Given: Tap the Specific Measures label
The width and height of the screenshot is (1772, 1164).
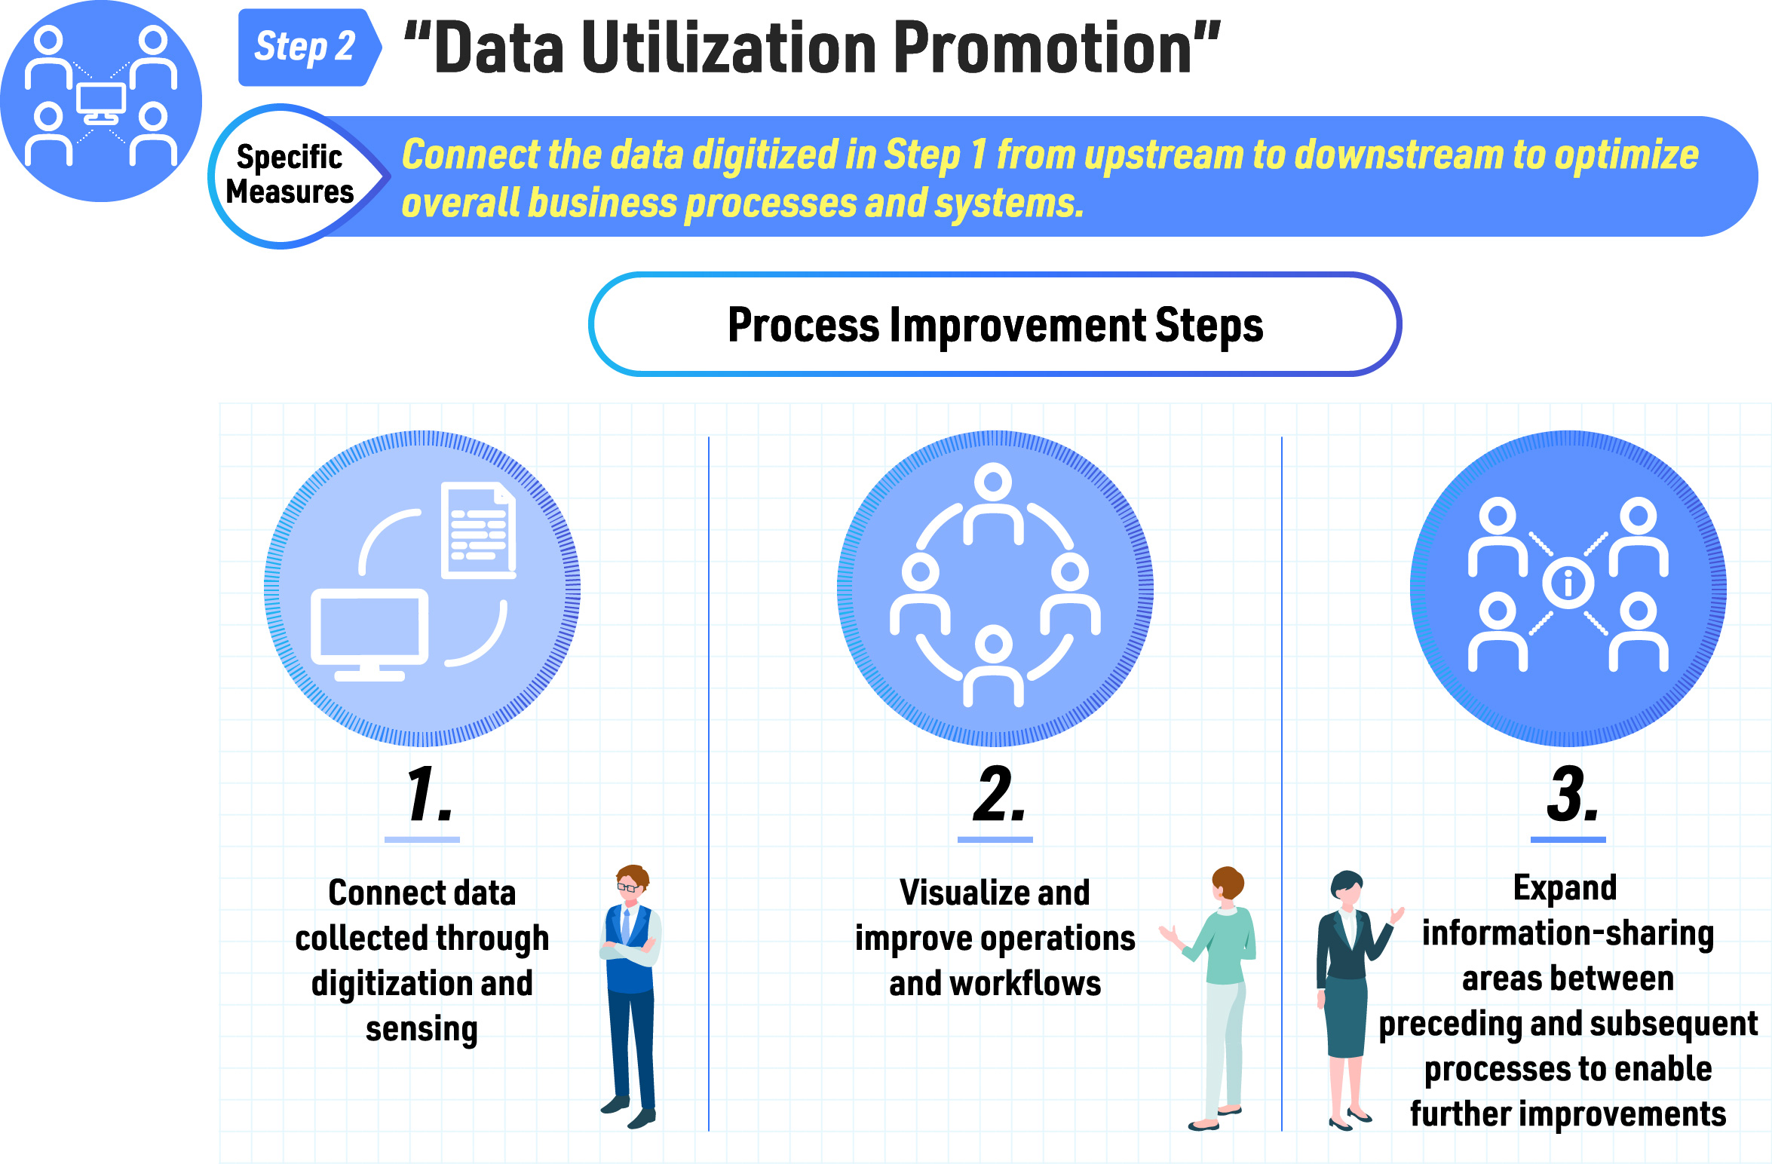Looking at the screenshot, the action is (x=290, y=174).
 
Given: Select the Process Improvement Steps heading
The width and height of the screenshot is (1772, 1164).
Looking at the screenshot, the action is (x=995, y=325).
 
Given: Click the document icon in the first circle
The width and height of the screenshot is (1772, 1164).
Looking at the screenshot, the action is (x=479, y=530).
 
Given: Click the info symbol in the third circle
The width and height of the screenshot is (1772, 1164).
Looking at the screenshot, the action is (x=1568, y=583).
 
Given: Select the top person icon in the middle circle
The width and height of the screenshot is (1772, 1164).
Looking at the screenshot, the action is (x=994, y=503).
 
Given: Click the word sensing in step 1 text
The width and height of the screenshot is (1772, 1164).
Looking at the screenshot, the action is (x=422, y=1029).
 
